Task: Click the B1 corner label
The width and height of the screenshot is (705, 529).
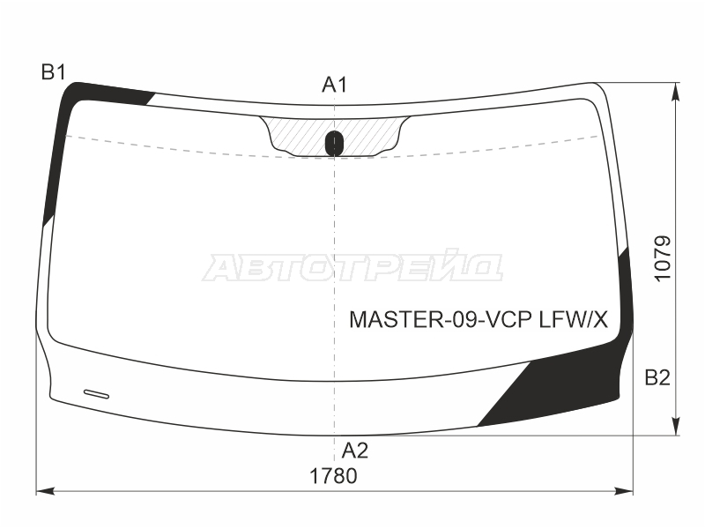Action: click(x=54, y=72)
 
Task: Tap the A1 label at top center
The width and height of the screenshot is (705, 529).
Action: click(x=335, y=85)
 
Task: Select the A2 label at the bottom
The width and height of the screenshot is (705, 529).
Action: click(x=355, y=451)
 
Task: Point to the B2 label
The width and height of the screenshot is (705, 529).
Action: click(x=657, y=378)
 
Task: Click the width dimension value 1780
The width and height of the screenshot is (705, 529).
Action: click(x=333, y=476)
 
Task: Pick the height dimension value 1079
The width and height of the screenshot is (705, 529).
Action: click(x=663, y=258)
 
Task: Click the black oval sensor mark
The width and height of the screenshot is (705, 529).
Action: click(x=334, y=143)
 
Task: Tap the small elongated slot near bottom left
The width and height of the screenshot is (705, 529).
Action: click(x=96, y=394)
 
